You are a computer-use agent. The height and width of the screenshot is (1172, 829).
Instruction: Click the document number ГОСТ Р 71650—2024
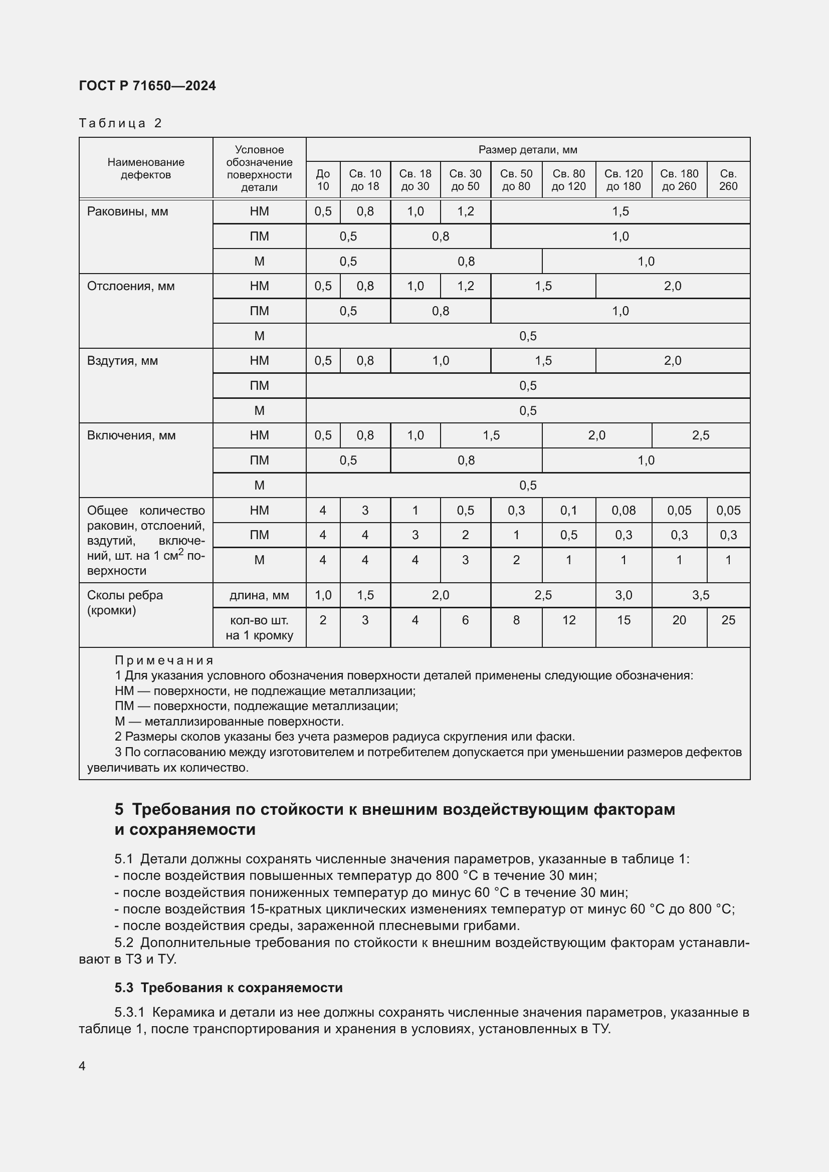[147, 86]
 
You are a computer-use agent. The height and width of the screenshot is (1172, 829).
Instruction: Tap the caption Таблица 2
[120, 123]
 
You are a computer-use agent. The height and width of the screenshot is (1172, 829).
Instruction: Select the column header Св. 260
[728, 180]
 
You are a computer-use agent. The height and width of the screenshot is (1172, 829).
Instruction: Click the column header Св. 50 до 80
[516, 180]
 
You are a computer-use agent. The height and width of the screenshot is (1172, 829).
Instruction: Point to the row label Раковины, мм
[128, 211]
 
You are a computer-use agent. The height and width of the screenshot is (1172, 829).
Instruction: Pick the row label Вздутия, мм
[122, 361]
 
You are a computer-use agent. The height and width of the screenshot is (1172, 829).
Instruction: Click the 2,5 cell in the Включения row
[700, 435]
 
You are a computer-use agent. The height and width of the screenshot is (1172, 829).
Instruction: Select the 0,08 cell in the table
[624, 511]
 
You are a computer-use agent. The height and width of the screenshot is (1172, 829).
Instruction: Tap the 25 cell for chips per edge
[728, 620]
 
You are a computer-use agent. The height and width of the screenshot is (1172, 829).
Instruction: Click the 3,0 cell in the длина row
[624, 595]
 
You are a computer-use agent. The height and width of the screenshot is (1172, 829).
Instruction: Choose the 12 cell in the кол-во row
[569, 620]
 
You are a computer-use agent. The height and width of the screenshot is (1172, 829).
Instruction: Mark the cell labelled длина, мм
[259, 595]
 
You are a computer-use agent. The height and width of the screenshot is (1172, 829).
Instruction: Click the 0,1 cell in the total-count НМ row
[569, 511]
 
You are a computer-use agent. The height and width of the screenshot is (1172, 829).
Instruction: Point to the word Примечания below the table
[164, 660]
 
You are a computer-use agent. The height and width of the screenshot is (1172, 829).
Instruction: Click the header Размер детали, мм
[528, 149]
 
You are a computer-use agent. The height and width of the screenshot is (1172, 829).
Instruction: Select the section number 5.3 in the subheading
[123, 988]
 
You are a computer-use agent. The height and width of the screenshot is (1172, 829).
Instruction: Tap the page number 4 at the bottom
[82, 1066]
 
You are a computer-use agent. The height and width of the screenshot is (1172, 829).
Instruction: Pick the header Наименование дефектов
[146, 168]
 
